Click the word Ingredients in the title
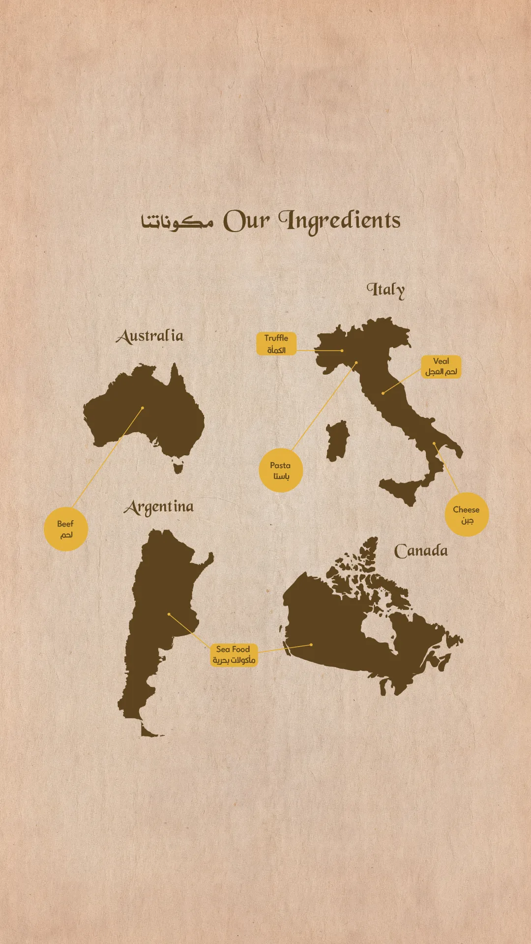point(339,221)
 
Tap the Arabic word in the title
point(177,222)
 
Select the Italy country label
point(386,290)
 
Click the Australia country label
point(150,336)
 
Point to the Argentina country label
point(159,507)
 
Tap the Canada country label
point(421,551)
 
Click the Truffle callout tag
point(276,344)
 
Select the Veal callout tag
point(441,367)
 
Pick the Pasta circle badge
point(280,471)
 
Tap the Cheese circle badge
point(466,514)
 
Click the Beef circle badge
point(65,529)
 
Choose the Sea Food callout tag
point(234,655)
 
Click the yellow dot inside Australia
point(143,408)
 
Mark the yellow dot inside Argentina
point(169,614)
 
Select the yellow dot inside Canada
point(311,645)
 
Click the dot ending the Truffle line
point(342,351)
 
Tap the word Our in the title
point(247,221)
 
